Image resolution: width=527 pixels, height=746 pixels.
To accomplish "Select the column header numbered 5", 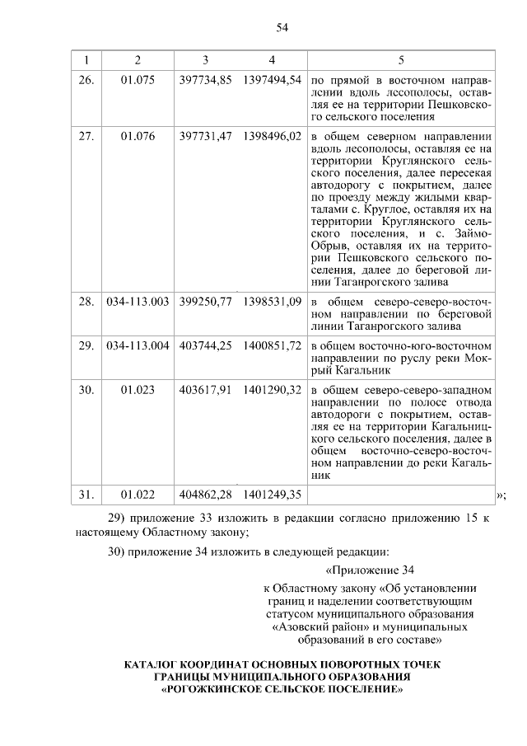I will pos(401,60).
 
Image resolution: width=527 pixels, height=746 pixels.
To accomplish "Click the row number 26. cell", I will pos(86,80).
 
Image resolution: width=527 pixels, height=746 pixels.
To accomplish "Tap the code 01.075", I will pos(138,80).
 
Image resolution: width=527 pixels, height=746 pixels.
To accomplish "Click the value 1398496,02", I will pos(273,137).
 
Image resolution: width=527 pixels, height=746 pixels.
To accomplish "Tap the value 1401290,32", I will pos(273,388).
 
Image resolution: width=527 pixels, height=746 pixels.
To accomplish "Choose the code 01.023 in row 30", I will pos(138,388).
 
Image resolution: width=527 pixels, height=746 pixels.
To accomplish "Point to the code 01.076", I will pos(138,137).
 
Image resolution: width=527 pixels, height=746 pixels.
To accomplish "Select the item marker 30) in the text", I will pos(118,551).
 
